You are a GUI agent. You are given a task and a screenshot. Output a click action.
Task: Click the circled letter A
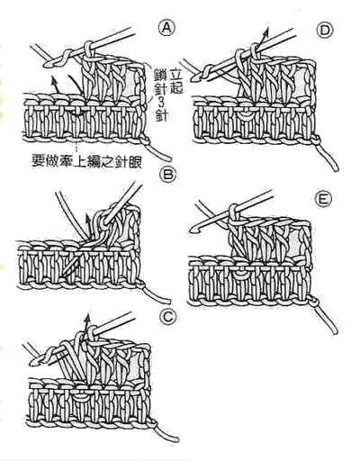(166, 29)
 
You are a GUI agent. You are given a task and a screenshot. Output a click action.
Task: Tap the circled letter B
(167, 175)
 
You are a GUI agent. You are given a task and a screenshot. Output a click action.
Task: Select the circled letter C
(167, 317)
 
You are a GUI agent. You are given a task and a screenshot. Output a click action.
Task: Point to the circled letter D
(325, 30)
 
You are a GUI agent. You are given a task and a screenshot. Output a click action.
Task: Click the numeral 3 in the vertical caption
(159, 104)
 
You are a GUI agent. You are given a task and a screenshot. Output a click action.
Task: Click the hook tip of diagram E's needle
(193, 230)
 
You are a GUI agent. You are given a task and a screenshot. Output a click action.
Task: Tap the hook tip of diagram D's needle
(199, 77)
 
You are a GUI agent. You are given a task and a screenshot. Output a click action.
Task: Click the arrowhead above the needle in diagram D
(265, 32)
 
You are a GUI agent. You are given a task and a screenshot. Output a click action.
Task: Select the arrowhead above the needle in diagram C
(87, 319)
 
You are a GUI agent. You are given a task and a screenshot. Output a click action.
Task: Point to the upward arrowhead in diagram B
(87, 217)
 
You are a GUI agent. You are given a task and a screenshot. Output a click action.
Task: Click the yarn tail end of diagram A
(169, 158)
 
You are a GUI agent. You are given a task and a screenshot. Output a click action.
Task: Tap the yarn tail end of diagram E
(334, 330)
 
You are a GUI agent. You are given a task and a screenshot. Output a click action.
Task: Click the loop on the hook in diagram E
(234, 212)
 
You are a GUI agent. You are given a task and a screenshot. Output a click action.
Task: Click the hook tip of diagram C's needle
(33, 364)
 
